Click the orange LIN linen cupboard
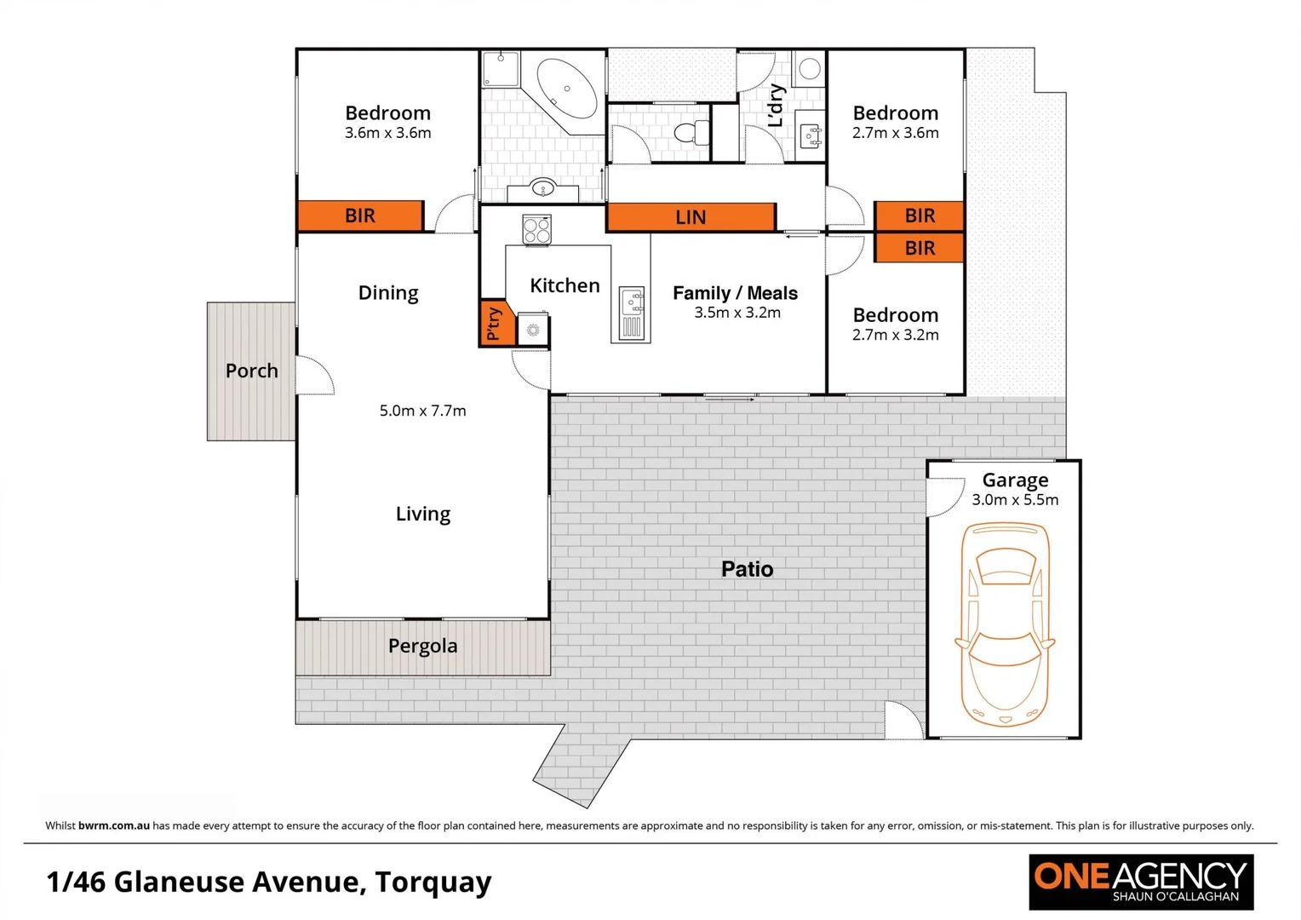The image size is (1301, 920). pos(691,217)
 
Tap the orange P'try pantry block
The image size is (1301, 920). pos(496,323)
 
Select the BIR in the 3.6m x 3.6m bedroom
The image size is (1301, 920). pos(360,216)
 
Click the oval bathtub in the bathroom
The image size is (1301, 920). pos(567,89)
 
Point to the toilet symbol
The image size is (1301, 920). pos(691,133)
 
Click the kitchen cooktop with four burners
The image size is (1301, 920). pos(536,229)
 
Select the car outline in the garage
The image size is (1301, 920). pos(1005,624)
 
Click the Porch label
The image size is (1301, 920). pos(251,371)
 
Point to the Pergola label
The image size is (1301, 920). pos(422,646)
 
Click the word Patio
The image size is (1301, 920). pos(747,569)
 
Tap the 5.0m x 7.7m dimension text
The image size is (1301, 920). pos(422,411)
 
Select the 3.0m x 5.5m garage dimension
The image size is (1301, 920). pos(1015,500)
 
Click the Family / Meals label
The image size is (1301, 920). pos(735,293)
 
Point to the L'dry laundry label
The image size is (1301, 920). pos(776,106)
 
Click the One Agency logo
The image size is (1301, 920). pos(1140,882)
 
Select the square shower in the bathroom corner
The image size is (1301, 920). pos(501,68)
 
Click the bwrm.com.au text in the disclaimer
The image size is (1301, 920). pos(114,825)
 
